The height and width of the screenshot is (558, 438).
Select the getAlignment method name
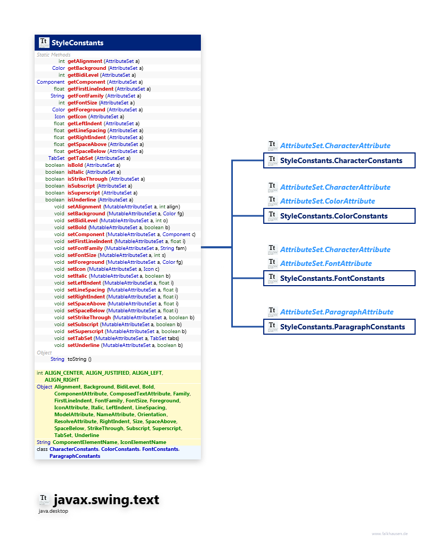[85, 61]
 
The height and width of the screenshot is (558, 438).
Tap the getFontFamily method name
[85, 96]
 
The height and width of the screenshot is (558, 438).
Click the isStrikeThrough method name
[87, 179]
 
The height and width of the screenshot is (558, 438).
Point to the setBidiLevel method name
[83, 221]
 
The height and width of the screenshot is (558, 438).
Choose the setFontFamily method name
[85, 248]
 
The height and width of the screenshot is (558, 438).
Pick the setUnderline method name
[84, 345]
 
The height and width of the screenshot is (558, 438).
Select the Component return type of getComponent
[51, 82]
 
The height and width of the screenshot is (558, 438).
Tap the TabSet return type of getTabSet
[56, 158]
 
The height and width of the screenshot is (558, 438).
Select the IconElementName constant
[143, 442]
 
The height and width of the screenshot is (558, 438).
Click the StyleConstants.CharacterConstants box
[340, 160]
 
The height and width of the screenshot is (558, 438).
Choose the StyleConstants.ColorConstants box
[334, 216]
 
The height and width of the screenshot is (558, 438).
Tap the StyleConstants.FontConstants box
[332, 278]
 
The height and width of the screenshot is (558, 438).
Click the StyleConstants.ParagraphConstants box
[342, 327]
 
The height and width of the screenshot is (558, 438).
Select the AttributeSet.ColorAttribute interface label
[327, 201]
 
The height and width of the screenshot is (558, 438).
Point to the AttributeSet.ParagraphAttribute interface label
[336, 312]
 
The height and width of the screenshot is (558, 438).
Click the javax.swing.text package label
[106, 500]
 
